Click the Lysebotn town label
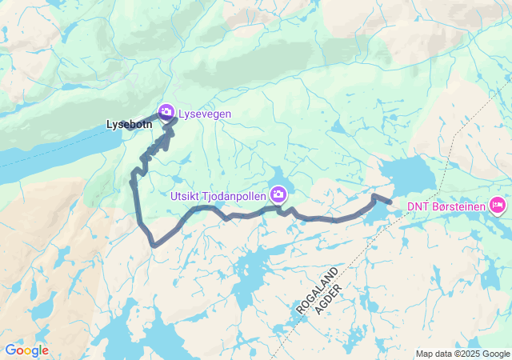tap(129, 125)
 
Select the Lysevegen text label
tap(205, 114)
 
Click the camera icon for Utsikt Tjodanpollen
tap(278, 194)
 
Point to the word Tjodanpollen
tap(234, 194)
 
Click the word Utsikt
tap(185, 194)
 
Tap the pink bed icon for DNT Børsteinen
tap(497, 206)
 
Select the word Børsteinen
tap(458, 207)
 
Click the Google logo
tap(26, 350)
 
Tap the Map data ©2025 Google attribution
tap(462, 354)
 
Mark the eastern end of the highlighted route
tap(390, 202)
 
